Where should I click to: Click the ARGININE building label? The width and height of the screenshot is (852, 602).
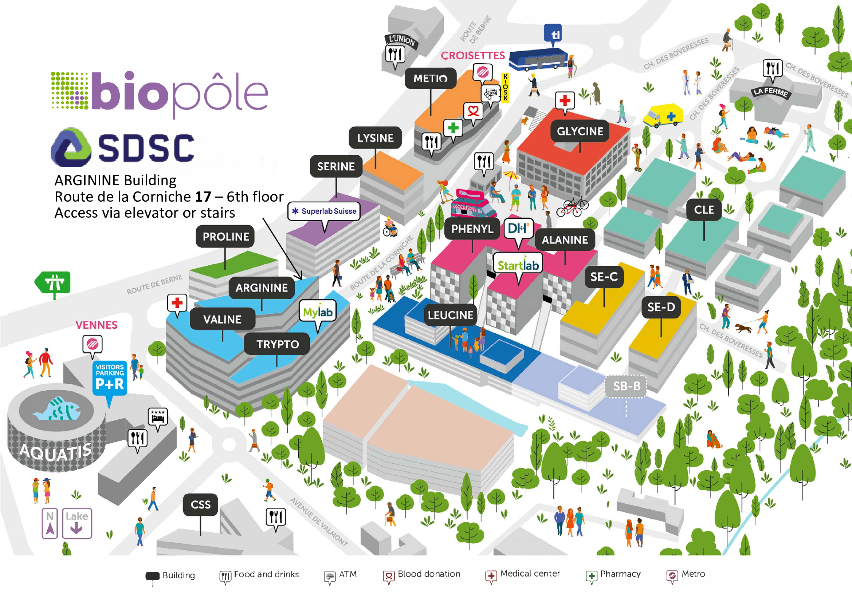261,288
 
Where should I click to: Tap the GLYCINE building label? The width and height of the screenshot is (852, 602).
580,131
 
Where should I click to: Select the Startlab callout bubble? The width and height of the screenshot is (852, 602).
518,265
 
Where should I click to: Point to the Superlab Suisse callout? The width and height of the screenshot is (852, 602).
324,211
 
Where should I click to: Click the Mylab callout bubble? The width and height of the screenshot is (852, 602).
318,312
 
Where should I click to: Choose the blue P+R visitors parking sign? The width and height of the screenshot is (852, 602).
110,378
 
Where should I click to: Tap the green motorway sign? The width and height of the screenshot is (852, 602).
53,283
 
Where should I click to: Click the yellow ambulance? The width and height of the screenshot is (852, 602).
663,115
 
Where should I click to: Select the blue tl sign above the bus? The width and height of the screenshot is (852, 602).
555,34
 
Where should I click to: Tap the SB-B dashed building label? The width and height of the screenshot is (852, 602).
626,386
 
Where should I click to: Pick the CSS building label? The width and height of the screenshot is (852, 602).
200,504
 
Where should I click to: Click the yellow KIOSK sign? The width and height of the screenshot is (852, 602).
505,87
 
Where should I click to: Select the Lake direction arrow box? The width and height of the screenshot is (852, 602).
77,523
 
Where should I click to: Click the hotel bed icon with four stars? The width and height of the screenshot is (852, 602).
158,417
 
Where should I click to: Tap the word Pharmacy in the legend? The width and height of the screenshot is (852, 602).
620,574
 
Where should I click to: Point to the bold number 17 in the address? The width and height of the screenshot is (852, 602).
203,197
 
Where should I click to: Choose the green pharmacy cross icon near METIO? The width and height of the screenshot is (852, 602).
453,128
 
